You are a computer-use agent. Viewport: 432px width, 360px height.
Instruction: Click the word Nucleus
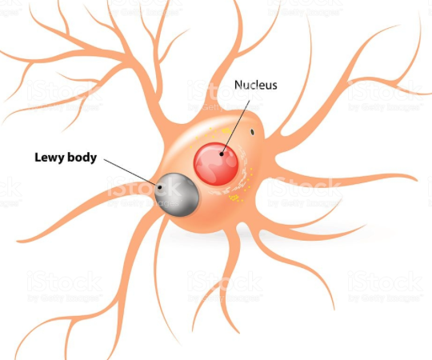point(255,85)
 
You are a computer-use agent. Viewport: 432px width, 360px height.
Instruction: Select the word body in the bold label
point(82,158)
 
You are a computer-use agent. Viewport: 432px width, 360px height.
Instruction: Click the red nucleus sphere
point(216,164)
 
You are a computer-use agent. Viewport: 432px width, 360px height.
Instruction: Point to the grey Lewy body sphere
point(177,194)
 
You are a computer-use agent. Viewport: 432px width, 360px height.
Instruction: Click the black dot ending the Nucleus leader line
point(222,154)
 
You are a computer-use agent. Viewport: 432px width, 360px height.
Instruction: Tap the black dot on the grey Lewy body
point(160,187)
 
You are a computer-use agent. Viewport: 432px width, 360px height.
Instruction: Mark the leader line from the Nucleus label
point(235,126)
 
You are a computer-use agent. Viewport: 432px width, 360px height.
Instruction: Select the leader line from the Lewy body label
point(132,174)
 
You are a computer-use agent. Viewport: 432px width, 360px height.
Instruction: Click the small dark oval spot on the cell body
point(252,132)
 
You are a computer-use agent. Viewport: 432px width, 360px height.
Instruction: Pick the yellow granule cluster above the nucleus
point(226,131)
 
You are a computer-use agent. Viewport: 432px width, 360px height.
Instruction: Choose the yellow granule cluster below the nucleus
point(234,198)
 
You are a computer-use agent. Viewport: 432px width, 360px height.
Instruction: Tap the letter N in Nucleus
point(238,85)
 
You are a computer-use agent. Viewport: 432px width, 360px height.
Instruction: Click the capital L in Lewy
point(38,157)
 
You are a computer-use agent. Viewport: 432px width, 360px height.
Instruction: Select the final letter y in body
point(94,159)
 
